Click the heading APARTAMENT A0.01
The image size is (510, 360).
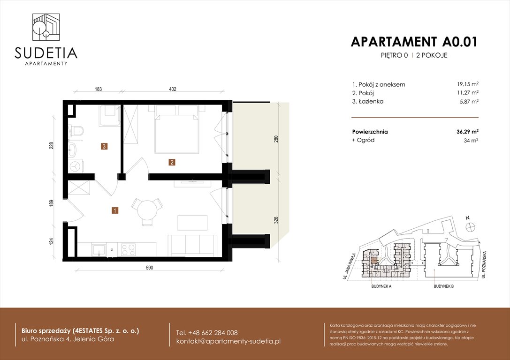click(414, 42)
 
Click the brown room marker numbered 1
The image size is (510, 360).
click(115, 210)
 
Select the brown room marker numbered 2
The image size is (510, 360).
click(172, 163)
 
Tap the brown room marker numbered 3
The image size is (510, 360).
click(104, 146)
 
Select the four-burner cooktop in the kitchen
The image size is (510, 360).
click(129, 249)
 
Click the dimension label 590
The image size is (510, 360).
click(150, 268)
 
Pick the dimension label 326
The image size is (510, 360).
click(276, 219)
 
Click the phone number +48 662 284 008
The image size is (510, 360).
click(207, 332)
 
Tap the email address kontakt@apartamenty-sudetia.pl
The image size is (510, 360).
click(228, 341)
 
